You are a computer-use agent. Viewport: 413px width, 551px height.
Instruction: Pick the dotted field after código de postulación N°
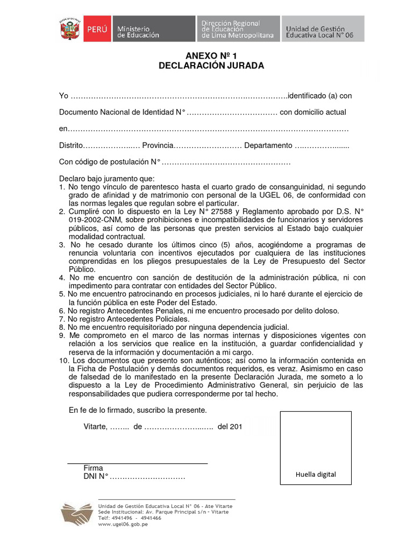[226, 163]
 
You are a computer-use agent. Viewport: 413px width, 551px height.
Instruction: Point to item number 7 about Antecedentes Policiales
[61, 319]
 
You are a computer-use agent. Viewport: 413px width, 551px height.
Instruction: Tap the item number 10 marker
[64, 360]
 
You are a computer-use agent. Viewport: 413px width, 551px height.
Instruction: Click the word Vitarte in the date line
[95, 427]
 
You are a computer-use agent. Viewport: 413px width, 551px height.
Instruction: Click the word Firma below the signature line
[93, 468]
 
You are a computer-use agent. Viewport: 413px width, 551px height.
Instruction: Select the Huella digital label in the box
[315, 474]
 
